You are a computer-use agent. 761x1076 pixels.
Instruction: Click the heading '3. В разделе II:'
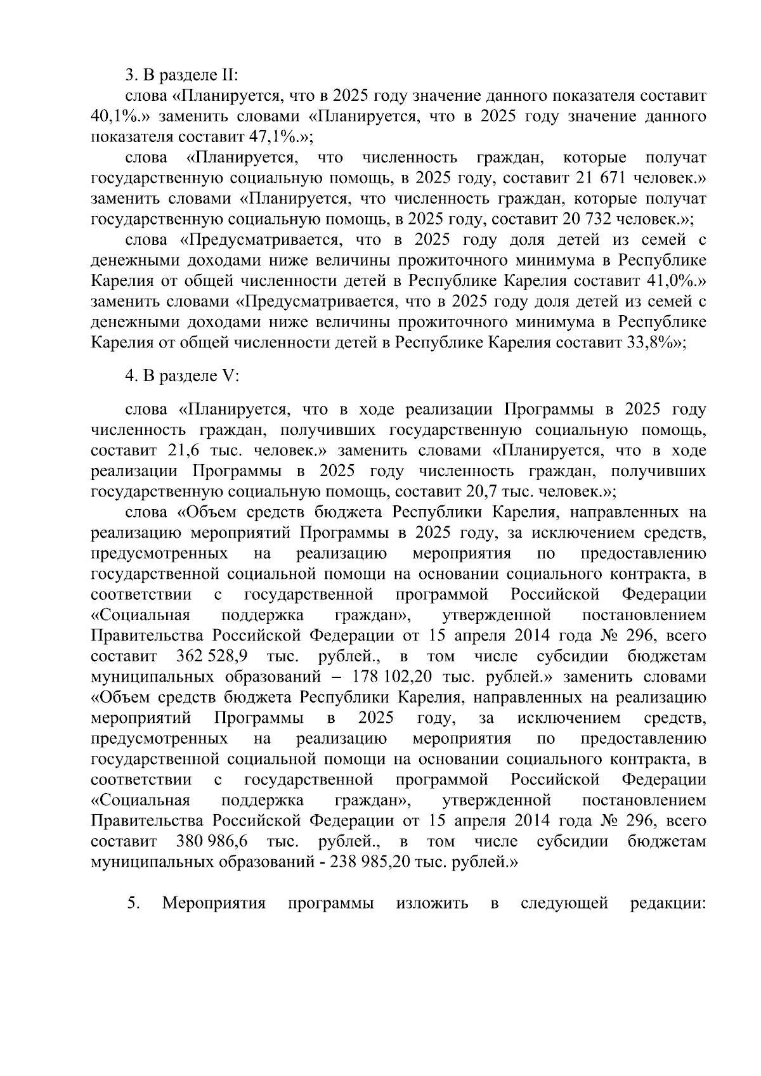click(181, 75)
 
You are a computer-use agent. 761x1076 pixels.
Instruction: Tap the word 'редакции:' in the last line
click(668, 903)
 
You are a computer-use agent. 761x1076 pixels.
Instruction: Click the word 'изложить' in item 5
click(432, 903)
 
